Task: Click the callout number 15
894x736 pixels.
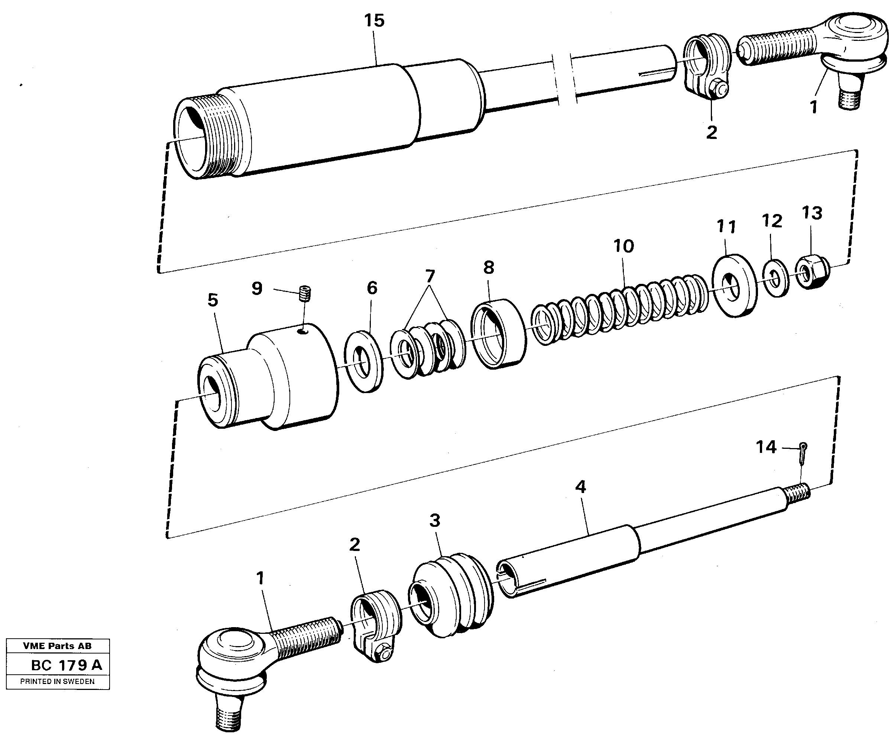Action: [x=374, y=21]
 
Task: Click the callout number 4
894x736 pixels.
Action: [x=580, y=487]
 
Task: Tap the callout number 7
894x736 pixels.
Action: [x=430, y=276]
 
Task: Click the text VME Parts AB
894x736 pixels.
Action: [x=57, y=646]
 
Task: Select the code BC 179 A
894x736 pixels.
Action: [x=67, y=665]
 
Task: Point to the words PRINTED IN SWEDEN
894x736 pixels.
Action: [x=57, y=682]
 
